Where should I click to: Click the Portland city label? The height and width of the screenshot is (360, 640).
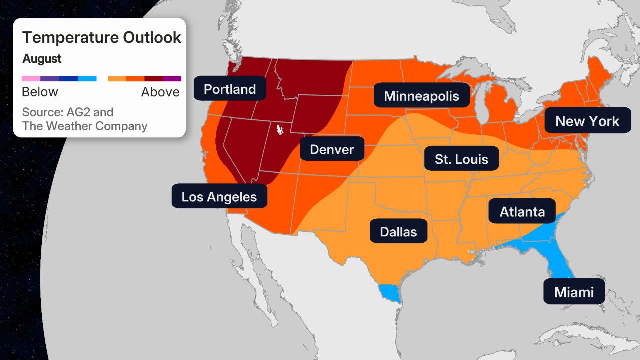coord(230,89)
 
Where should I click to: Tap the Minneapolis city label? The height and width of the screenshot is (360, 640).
coord(421,95)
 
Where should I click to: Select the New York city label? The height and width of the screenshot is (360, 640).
coord(587,121)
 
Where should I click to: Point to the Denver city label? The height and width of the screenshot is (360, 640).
coord(332,149)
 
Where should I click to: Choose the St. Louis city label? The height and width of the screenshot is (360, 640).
coord(461,159)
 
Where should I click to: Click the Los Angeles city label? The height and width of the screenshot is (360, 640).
coord(219,196)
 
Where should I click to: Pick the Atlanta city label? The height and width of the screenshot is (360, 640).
coord(522,211)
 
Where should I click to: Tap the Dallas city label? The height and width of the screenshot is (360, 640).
coord(398,232)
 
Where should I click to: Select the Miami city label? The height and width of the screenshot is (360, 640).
coord(574,291)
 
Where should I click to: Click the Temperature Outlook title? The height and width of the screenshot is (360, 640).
coord(102,37)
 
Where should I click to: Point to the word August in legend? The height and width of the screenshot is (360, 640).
coord(42,59)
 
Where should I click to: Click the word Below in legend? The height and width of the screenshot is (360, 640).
coord(40,92)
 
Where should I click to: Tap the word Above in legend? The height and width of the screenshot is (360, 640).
coord(160,92)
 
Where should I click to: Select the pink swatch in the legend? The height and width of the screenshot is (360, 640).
coord(31,78)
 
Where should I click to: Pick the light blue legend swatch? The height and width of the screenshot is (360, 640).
coord(87,78)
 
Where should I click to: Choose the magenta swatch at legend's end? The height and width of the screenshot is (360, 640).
coord(172,78)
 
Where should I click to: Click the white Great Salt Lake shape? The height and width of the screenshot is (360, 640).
coord(280,130)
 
